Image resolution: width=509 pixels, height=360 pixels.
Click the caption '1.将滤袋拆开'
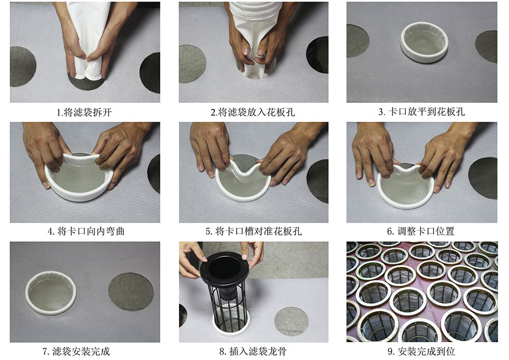click(84, 113)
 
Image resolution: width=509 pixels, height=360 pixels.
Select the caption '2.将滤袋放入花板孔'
click(252, 113)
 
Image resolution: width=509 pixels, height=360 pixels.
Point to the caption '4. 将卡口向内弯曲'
click(86, 232)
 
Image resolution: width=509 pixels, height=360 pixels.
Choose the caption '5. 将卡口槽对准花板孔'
click(253, 232)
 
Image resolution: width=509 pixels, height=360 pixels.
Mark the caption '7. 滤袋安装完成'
click(76, 351)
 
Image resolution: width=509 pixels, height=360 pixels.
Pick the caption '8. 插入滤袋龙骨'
click(253, 351)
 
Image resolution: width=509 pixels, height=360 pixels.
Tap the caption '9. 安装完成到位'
click(421, 351)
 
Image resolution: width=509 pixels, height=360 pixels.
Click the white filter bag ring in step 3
click(424, 55)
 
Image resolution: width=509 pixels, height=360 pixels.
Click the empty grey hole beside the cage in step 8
click(291, 321)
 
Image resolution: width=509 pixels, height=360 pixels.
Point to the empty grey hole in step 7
click(131, 292)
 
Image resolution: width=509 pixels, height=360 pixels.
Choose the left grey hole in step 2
click(192, 64)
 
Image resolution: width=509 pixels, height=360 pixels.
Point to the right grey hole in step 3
click(487, 47)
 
